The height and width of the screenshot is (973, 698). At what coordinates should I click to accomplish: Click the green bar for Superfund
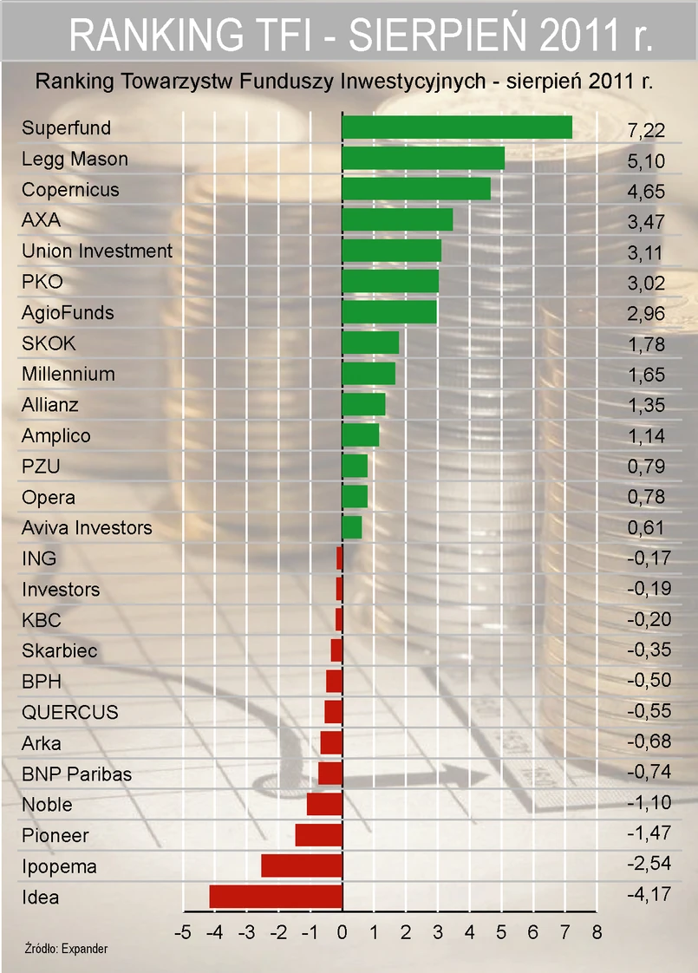[457, 127]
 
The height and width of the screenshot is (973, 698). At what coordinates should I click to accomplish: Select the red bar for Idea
[276, 897]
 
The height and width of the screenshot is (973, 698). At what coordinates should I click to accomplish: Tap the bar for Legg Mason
[423, 159]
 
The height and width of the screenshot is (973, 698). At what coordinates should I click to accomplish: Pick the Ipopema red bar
[302, 866]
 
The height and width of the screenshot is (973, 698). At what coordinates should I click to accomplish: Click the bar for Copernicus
[416, 189]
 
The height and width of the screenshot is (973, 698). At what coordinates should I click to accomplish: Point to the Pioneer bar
[319, 835]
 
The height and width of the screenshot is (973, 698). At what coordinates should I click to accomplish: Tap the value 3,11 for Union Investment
[645, 251]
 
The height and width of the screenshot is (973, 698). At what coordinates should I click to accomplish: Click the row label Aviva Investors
[87, 528]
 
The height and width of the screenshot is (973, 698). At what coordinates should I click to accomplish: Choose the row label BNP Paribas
[76, 774]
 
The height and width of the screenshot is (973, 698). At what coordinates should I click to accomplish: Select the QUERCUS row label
[70, 713]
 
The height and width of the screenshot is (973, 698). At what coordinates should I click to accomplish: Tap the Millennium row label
[68, 375]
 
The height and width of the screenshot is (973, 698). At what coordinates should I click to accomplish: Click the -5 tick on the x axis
[182, 933]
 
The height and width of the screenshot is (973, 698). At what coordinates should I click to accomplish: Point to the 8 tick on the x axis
[597, 933]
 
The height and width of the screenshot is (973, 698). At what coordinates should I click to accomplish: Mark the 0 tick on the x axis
[342, 933]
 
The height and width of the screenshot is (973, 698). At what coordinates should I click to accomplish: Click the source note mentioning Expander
[66, 950]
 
